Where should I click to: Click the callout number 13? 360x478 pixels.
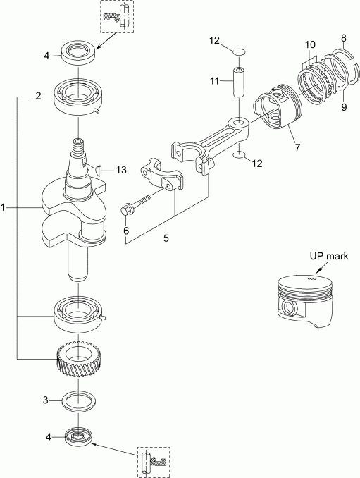click(x=122, y=170)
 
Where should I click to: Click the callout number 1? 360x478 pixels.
click(x=4, y=209)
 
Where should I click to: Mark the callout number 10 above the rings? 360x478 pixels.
click(x=310, y=44)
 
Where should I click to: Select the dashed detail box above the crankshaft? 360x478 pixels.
click(x=118, y=17)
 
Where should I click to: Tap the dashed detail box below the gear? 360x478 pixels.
click(x=153, y=462)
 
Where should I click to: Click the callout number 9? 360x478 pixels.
click(x=344, y=107)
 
